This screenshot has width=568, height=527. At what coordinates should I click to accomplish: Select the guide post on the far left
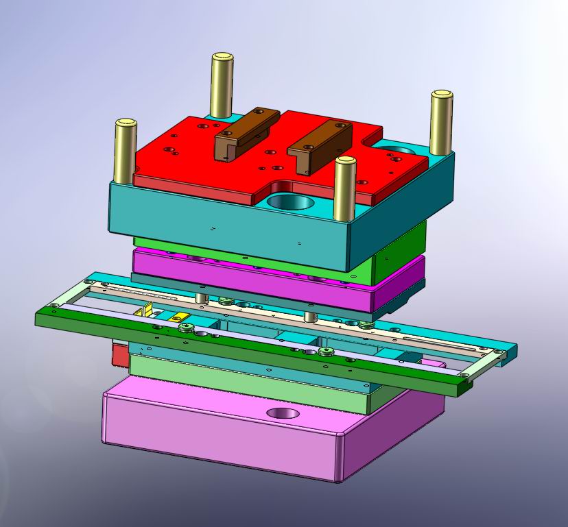pyautogui.click(x=126, y=151)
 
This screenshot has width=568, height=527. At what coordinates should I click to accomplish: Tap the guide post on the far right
pyautogui.click(x=441, y=123)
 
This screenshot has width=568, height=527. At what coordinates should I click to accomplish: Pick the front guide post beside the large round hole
pyautogui.click(x=344, y=188)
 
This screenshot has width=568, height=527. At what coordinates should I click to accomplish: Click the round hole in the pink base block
pyautogui.click(x=283, y=413)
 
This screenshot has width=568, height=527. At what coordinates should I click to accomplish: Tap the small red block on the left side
pyautogui.click(x=120, y=355)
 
